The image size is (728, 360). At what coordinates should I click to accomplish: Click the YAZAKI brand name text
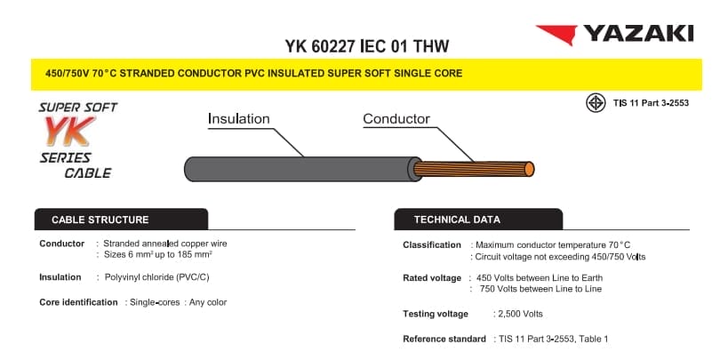tap(637, 35)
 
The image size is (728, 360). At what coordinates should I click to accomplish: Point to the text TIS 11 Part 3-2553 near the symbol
tap(651, 103)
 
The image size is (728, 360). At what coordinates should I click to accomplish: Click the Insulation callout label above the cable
tap(238, 119)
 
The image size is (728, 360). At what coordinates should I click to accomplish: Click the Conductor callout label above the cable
tap(396, 119)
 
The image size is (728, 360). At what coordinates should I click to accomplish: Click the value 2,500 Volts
tap(517, 314)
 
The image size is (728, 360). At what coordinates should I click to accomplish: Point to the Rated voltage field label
tap(432, 278)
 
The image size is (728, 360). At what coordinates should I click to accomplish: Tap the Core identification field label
tap(78, 302)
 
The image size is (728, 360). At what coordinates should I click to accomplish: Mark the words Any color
tap(206, 302)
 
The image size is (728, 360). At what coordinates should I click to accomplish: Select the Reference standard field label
tap(444, 339)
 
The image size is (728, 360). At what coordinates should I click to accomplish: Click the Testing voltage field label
tap(435, 314)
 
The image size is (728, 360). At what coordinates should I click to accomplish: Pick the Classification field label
tap(432, 244)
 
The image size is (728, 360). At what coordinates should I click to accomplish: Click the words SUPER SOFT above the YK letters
tap(77, 108)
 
